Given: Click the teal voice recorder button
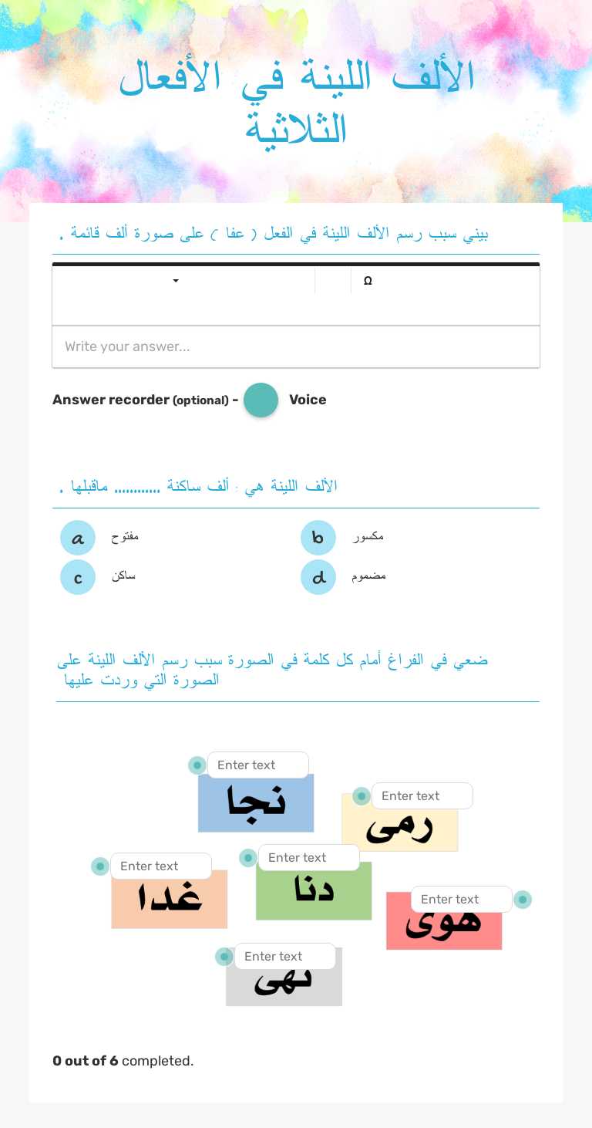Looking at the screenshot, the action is point(261,400).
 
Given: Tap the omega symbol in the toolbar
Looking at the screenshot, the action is point(368,281).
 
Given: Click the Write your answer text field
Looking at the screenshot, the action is point(296,346).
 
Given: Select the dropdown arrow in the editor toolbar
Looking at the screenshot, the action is point(176,281).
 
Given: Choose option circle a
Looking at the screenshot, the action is point(78,538).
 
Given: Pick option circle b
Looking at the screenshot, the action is point(318,538).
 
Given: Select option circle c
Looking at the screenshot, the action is point(78,577).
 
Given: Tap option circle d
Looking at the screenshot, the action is point(318,577).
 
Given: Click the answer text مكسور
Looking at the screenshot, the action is point(368,536).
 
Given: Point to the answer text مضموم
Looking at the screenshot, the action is point(368,576).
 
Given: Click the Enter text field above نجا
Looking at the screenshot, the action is point(258,765).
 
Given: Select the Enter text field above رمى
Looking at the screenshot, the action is point(422,796).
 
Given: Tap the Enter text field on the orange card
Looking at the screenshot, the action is point(161,866).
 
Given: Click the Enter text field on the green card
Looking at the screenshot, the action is point(309,858).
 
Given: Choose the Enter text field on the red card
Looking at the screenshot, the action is point(462,900).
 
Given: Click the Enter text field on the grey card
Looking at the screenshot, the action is point(285,957).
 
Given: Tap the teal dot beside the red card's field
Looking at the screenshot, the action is point(523,900).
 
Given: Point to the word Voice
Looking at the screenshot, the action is point(308,400).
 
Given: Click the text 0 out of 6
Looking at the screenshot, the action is point(86,1061).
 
